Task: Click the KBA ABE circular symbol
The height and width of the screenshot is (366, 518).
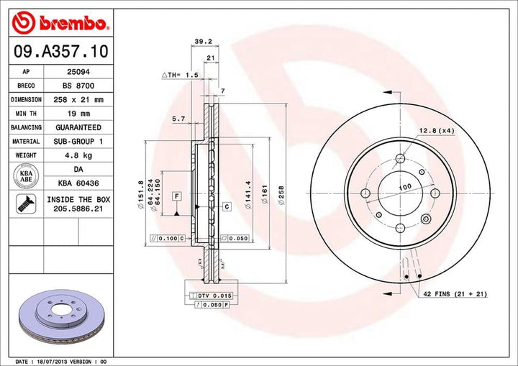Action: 25,176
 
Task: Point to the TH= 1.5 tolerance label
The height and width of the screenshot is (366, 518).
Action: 179,75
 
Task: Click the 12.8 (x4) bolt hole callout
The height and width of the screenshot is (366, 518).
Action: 433,130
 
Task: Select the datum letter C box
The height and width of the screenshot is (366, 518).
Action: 226,206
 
